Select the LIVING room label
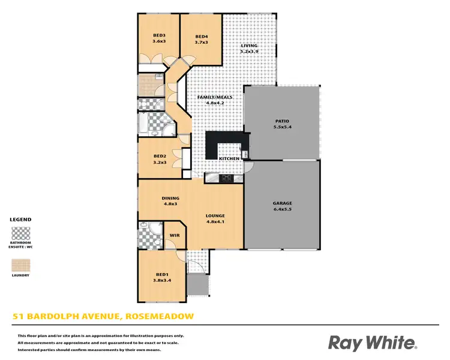[249, 46]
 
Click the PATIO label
[281, 121]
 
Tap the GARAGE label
[281, 203]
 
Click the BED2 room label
[159, 155]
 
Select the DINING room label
[170, 198]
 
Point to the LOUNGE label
[215, 215]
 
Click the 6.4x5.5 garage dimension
[281, 211]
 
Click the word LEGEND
[20, 220]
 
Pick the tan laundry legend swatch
[20, 265]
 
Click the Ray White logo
[372, 343]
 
